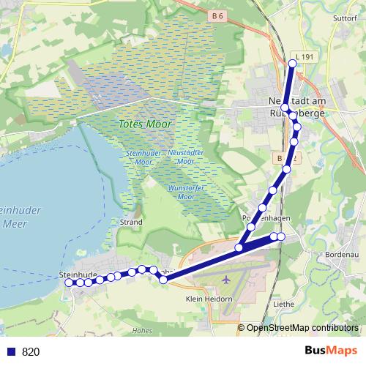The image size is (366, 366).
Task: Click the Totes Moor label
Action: [145, 124]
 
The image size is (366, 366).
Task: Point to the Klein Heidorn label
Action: [209, 299]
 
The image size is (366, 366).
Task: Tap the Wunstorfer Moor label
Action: [181, 193]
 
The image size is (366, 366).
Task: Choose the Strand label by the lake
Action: [130, 221]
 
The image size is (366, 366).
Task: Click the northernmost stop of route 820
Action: [292, 64]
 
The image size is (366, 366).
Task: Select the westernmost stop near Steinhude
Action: [70, 283]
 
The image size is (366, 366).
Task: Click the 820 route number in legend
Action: [31, 351]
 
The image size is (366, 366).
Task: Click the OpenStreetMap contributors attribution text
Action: [302, 327]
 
